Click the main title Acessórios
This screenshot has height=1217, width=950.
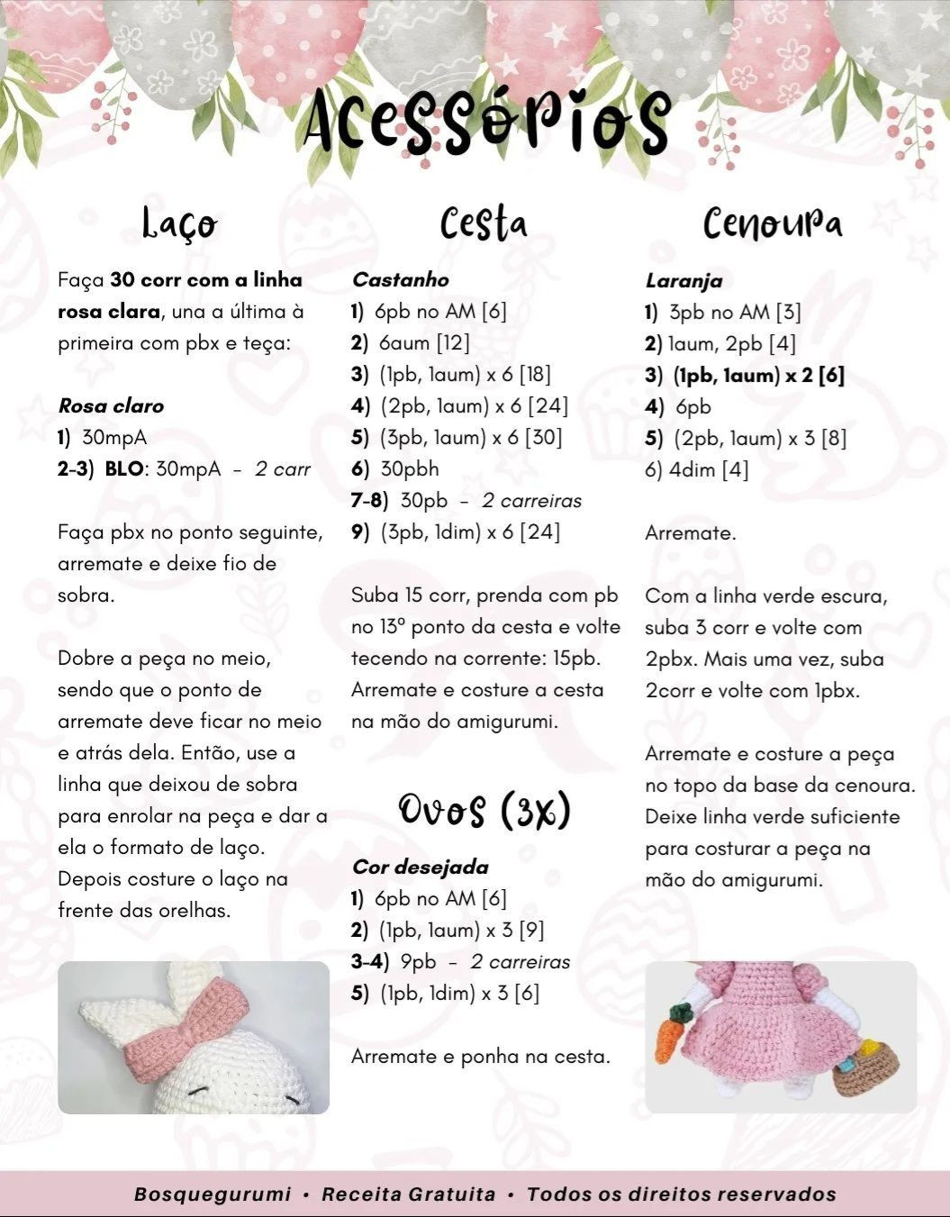pos(487,122)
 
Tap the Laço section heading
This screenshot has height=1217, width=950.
pos(180,223)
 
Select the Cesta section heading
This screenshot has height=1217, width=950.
pos(484,223)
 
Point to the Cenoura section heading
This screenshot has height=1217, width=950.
pos(773,223)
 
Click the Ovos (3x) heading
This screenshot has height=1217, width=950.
pos(484,811)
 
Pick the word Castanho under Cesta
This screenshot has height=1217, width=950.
pos(400,280)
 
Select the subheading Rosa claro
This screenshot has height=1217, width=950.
pos(111,406)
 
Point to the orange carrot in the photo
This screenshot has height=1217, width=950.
pos(668,1032)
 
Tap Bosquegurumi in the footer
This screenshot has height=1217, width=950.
pos(213,1194)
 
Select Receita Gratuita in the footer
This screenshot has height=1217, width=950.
pos(409,1194)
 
